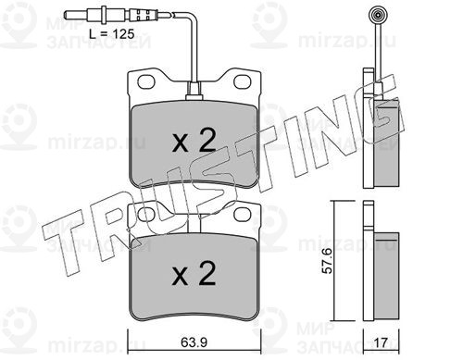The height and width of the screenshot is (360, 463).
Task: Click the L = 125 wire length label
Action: pos(112,34)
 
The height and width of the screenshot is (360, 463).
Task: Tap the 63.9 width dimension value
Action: pos(194,342)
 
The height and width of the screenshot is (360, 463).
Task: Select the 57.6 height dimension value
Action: pos(327,261)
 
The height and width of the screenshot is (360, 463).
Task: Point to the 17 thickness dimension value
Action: pos(381,342)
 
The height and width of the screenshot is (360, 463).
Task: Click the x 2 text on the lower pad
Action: pos(194,273)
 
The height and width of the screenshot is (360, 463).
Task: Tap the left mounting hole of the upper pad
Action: pos(146,81)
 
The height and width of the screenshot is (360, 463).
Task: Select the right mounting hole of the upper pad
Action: pos(243,81)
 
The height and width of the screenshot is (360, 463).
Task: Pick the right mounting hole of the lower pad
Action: pos(243,214)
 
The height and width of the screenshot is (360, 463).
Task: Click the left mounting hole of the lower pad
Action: pos(146,214)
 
